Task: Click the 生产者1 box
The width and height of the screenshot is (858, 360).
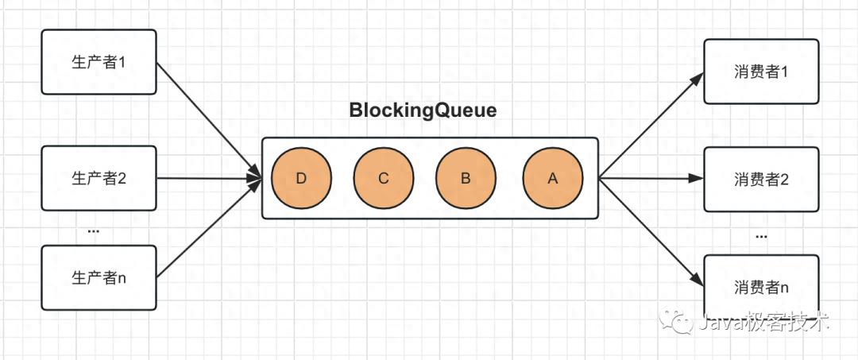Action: point(99,62)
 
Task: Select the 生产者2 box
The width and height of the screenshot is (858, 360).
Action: point(99,178)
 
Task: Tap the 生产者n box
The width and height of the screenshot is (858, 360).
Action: point(99,277)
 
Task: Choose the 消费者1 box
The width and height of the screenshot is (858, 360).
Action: point(761,71)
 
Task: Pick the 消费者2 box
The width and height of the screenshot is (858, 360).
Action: point(761,179)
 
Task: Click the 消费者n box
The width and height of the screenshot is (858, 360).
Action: point(761,286)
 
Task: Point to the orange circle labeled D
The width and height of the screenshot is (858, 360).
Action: point(301,178)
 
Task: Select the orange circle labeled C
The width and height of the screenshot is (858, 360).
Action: point(384,178)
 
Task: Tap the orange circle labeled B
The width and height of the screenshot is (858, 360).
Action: point(466,178)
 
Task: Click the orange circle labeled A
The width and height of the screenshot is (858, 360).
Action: point(553,178)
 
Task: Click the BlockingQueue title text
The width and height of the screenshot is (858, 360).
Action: point(423,111)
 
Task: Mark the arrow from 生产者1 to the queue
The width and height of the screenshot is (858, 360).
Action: point(209,119)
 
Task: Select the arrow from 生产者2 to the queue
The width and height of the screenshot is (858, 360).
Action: point(210,178)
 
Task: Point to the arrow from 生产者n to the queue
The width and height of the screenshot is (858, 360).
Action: point(209,228)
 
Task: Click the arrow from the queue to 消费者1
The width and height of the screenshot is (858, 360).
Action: point(651,126)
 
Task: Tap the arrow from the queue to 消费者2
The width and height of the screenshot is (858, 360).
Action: point(651,178)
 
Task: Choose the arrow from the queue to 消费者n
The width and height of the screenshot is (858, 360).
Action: point(651,232)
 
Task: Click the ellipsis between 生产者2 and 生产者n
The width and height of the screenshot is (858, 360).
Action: point(94,232)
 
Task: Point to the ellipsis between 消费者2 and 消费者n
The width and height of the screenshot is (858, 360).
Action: point(761,237)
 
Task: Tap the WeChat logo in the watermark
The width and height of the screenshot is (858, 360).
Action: point(677,322)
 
